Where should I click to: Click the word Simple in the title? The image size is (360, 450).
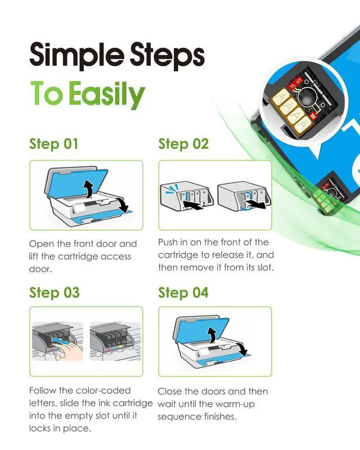[x=77, y=56]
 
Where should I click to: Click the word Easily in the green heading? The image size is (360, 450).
[x=107, y=94]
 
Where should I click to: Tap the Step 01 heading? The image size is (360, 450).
[x=53, y=144]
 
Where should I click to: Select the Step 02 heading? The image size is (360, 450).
[x=183, y=144]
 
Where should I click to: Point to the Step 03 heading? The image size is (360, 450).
[x=54, y=292]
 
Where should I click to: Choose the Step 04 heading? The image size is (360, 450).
[x=183, y=292]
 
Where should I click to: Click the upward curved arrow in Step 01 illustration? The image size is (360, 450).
[x=89, y=188]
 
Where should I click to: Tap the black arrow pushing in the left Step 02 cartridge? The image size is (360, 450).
[x=193, y=205]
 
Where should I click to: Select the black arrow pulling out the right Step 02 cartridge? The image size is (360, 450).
[x=256, y=205]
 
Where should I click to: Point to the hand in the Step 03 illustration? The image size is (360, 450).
[x=69, y=350]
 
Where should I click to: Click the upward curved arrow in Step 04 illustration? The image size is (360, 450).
[x=212, y=335]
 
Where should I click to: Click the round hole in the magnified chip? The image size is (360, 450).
[x=306, y=97]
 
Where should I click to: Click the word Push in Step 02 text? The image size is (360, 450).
[x=168, y=242]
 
